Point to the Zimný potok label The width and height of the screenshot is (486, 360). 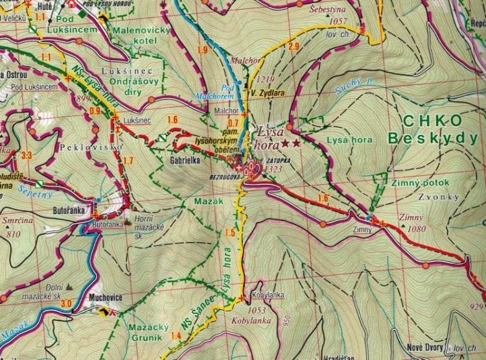click(419, 184)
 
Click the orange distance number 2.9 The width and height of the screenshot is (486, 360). click(294, 46)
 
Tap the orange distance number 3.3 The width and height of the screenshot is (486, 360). click(27, 155)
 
